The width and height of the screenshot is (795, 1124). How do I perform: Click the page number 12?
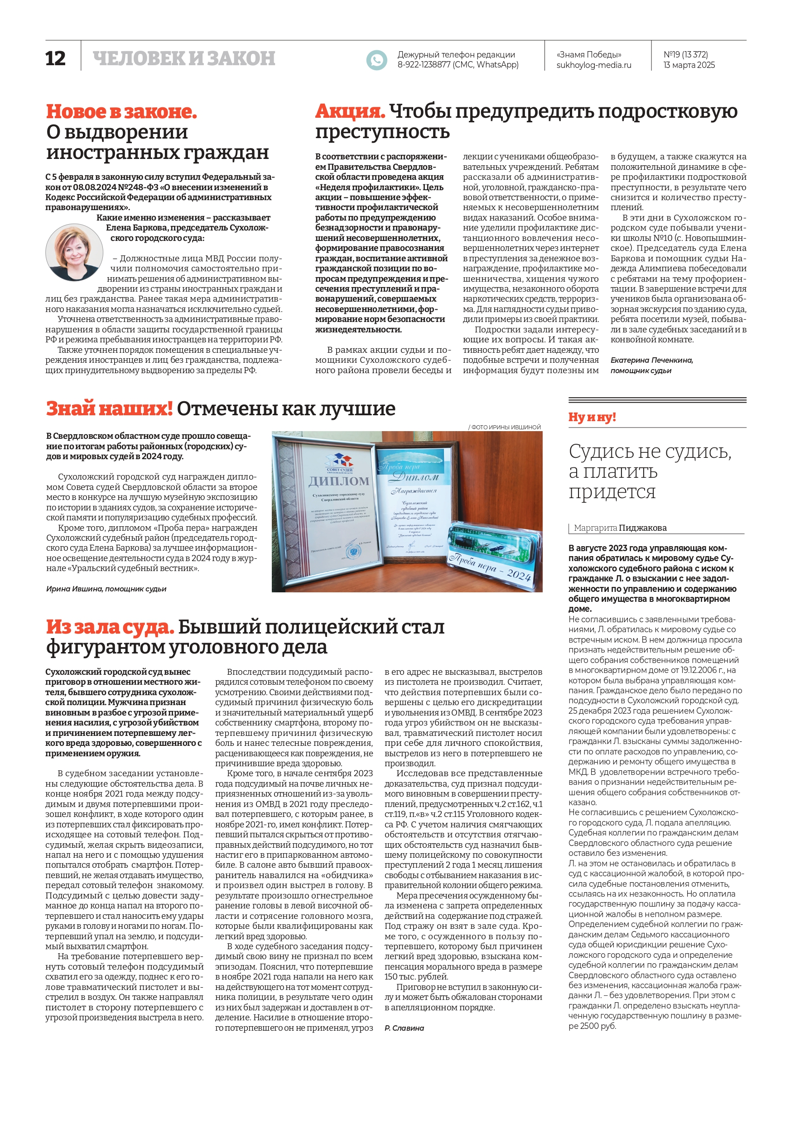[55, 59]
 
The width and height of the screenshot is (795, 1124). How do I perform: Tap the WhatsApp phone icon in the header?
[376, 60]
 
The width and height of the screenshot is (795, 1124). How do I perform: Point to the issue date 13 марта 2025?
[689, 65]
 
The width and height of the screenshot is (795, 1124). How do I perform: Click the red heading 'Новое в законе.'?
[121, 111]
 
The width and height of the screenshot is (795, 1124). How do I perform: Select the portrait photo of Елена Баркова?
[74, 253]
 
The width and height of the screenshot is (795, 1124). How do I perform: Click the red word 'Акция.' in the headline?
[350, 111]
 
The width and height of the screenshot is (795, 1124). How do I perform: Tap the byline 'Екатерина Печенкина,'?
[651, 360]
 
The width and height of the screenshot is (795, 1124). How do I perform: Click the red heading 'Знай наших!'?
[109, 408]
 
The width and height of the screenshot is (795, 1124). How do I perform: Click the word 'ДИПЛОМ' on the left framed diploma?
[339, 481]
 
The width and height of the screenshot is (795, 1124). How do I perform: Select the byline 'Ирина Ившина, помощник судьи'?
[106, 589]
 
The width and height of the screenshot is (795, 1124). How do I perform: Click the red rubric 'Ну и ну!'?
[592, 417]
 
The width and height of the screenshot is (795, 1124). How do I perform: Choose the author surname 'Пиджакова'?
[643, 528]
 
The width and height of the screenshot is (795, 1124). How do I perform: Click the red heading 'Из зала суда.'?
[110, 627]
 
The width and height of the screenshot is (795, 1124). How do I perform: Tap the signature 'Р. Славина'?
[404, 1028]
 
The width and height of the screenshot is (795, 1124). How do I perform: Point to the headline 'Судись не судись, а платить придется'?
[650, 471]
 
